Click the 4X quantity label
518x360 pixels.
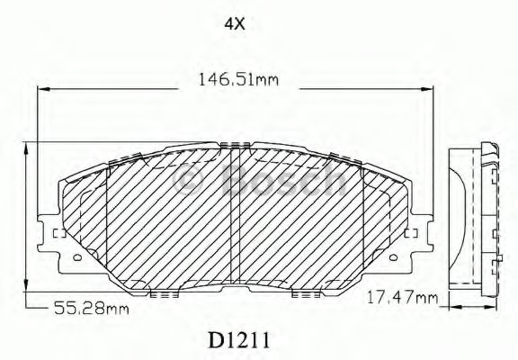pos(235,23)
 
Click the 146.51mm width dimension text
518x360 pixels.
pos(238,80)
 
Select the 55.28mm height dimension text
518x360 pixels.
pos(91,308)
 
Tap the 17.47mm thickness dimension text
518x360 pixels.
pos(402,298)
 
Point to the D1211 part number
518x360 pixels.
pos(239,340)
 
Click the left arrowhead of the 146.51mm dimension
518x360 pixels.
pos(43,89)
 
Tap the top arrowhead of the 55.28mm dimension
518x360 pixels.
pos(26,149)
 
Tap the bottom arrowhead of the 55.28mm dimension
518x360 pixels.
pos(26,285)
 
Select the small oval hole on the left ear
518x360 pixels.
pos(78,257)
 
